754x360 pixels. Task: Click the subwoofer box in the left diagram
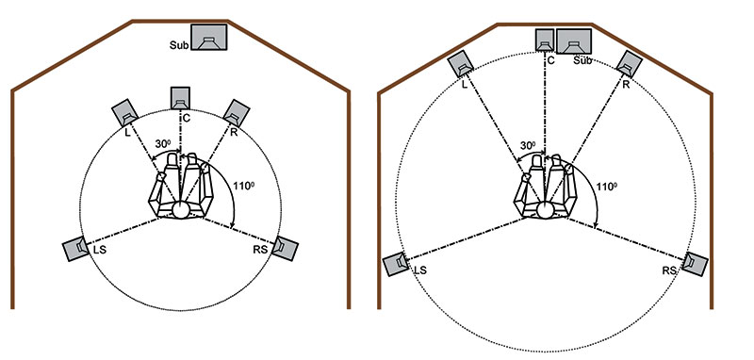208,37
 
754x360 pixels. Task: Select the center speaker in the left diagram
180,98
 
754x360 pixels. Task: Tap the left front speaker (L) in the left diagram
125,113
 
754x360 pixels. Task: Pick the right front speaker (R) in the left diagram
237,113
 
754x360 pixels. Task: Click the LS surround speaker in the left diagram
75,249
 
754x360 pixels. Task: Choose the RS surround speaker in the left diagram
286,249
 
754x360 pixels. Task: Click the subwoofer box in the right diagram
574,41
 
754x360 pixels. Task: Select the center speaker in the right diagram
545,40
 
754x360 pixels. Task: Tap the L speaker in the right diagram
461,64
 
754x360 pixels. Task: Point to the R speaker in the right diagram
630,63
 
